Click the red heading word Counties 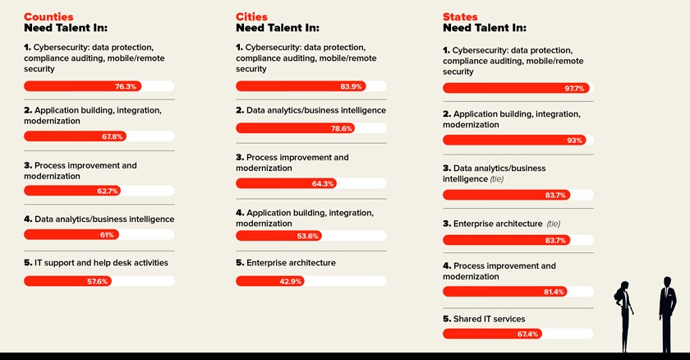48,16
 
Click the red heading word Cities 251,16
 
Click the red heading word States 460,16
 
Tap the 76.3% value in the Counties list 126,85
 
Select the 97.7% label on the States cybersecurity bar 572,88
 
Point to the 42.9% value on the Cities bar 290,280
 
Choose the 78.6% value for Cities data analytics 341,128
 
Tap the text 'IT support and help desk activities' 96,263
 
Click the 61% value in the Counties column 106,234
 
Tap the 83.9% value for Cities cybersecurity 351,85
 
